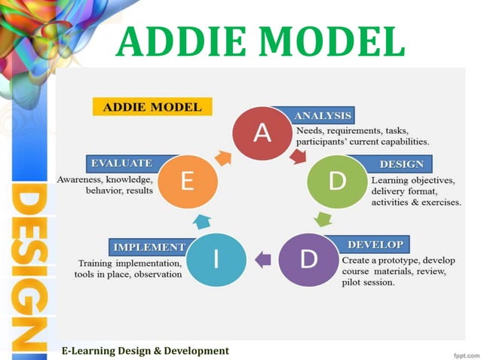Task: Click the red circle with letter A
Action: (262, 133)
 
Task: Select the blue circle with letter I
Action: (216, 261)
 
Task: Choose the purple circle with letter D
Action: (307, 261)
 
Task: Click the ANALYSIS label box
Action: (322, 116)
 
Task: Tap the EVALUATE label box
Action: (121, 163)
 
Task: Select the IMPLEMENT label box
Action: (149, 246)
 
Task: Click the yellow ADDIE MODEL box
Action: (152, 106)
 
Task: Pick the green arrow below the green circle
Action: (323, 219)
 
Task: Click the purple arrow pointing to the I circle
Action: (262, 260)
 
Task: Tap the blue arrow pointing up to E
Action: (200, 221)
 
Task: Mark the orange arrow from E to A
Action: (224, 156)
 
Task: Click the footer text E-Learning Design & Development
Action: (145, 350)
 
